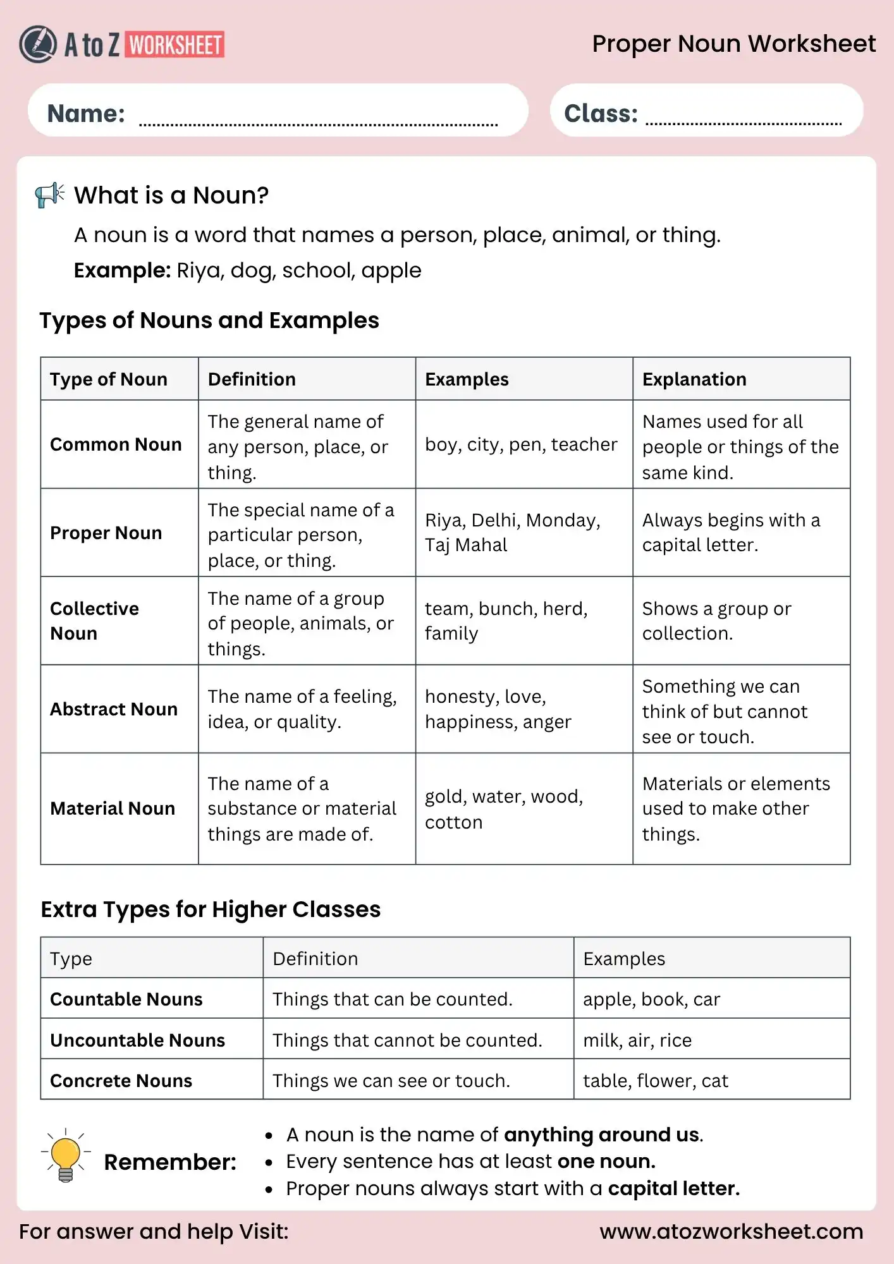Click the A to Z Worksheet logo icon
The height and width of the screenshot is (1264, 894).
pos(38,44)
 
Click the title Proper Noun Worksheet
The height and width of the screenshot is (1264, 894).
pos(733,44)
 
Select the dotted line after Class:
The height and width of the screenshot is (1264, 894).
pos(743,123)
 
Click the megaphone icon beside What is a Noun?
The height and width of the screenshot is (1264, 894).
pos(50,195)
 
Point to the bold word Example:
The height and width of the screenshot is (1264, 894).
pos(122,270)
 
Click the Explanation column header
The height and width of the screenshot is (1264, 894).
pos(694,379)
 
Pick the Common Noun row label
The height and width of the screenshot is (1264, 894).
pos(116,444)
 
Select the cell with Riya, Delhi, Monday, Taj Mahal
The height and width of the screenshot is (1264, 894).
pos(512,532)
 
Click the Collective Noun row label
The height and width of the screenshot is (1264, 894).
pos(95,621)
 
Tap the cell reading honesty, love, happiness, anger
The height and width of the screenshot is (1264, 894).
pos(498,708)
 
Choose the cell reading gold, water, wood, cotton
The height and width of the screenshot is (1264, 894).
pos(503,809)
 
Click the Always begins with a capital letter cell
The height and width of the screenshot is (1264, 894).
pos(731,532)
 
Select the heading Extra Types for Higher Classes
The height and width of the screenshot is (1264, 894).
pos(211,909)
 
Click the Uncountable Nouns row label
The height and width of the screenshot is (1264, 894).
pos(137,1040)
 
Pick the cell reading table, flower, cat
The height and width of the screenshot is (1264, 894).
pos(655,1081)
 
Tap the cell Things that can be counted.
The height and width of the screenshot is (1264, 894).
pos(392,999)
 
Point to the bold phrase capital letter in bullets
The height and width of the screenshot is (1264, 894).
pos(673,1189)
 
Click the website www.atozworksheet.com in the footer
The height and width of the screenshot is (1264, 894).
pos(731,1232)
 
